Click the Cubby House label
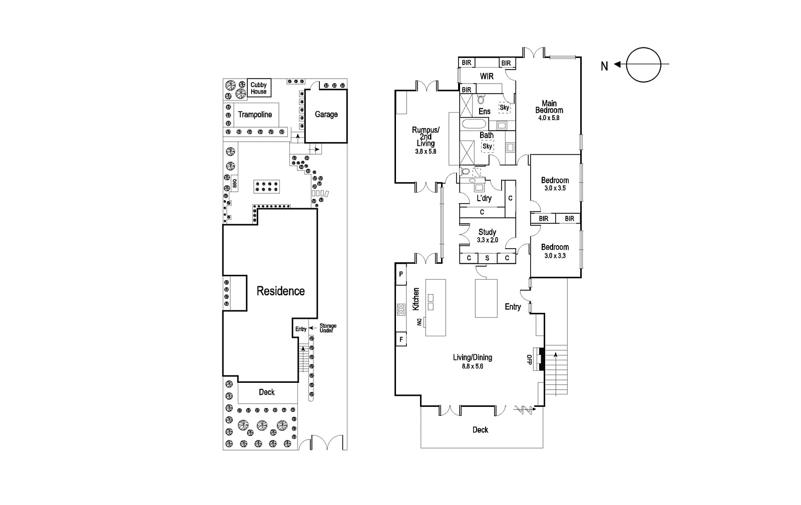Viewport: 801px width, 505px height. (259, 88)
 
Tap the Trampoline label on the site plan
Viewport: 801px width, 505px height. (255, 115)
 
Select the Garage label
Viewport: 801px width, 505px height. (326, 115)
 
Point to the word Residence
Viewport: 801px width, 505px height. (280, 291)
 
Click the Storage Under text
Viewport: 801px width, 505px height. (328, 328)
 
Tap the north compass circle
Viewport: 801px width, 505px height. (643, 65)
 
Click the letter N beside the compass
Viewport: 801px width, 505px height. (604, 66)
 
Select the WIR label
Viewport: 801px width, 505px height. (487, 76)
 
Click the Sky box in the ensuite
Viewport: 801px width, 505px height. (504, 108)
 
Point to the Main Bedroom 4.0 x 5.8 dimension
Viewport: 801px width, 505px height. (549, 118)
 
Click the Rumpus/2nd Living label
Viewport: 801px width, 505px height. (426, 137)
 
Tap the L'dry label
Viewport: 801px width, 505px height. (484, 198)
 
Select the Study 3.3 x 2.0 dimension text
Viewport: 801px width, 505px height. (487, 240)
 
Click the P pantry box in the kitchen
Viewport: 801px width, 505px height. (401, 274)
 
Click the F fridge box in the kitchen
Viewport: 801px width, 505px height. (401, 339)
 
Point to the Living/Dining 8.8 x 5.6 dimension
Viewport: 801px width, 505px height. (472, 366)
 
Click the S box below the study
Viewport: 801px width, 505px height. (487, 258)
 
